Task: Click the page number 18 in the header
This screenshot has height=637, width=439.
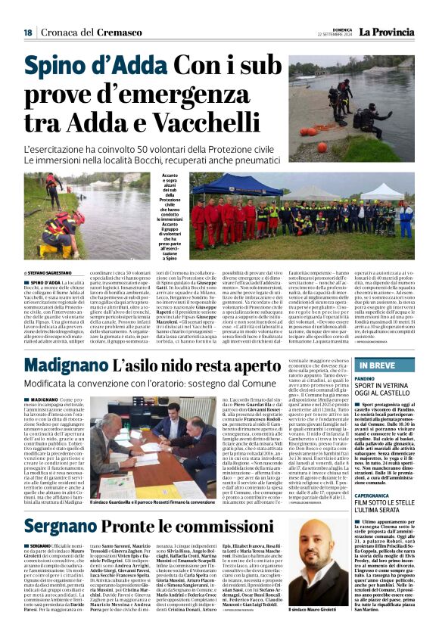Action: [x=27, y=33]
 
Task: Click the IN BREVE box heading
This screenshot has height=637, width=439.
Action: [x=386, y=365]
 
